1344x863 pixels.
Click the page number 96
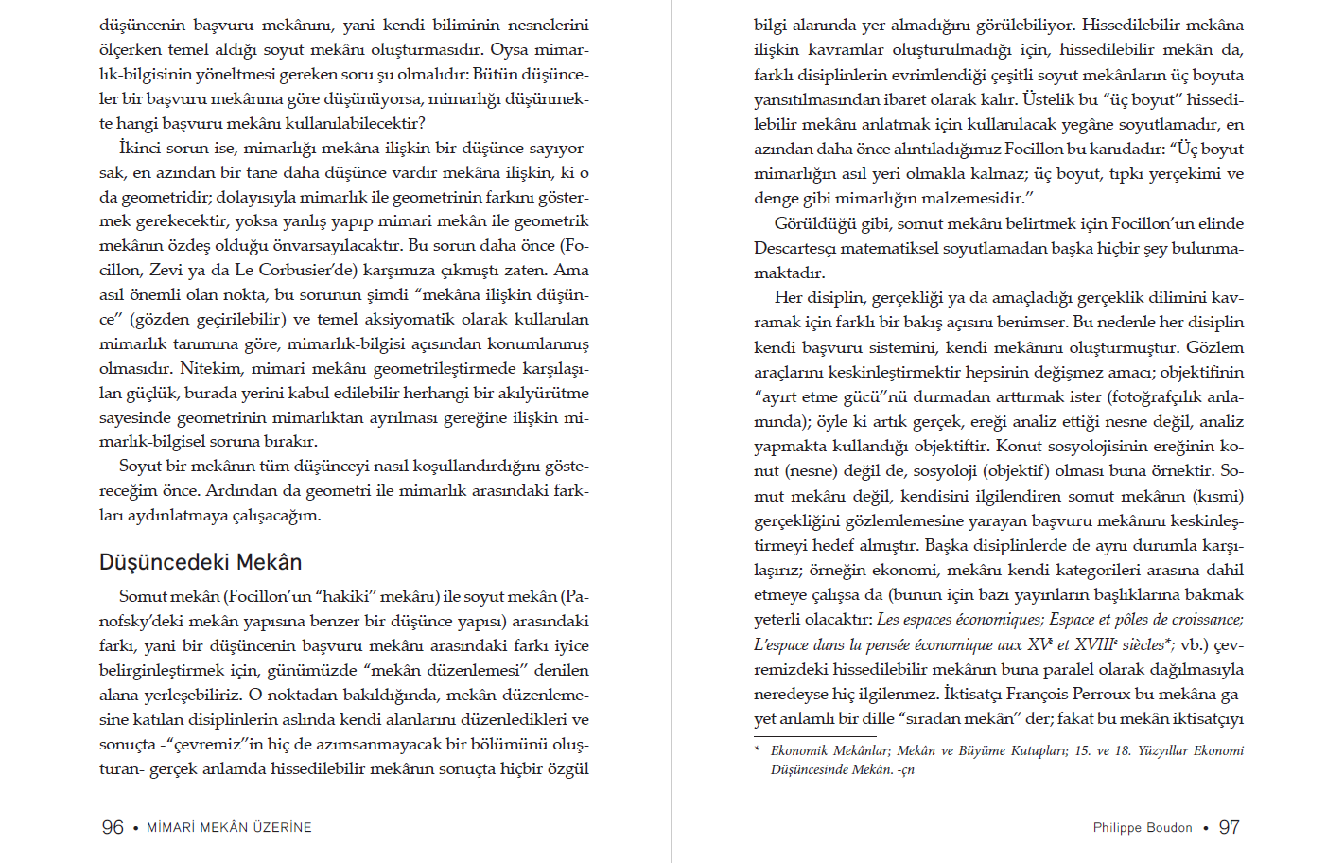coord(113,827)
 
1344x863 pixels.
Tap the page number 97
coord(1229,827)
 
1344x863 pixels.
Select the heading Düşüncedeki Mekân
coord(201,562)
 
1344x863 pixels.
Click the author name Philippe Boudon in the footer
coord(1143,828)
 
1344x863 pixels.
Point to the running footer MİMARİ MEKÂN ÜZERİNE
coord(229,828)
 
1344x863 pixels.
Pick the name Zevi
coord(166,270)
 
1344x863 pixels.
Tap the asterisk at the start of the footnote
coord(757,750)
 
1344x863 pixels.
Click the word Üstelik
coord(1048,99)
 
